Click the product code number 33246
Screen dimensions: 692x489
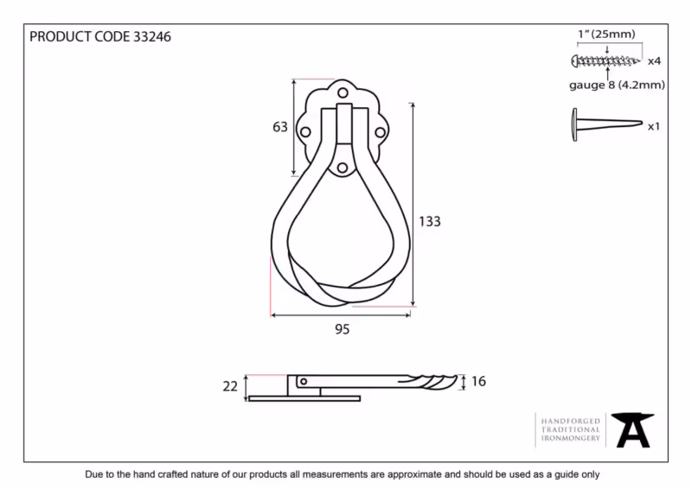tap(152, 36)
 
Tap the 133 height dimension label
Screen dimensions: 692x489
tap(429, 221)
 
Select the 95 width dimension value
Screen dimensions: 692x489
tap(342, 329)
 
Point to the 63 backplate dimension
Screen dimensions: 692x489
tap(279, 127)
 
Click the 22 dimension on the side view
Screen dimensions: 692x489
tap(230, 386)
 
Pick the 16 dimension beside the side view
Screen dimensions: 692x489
tap(478, 381)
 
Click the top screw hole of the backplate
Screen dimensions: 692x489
tap(343, 93)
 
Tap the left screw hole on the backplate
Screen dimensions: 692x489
tap(305, 132)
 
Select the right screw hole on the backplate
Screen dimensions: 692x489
tap(380, 132)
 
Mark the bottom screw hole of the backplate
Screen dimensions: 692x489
tap(342, 168)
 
